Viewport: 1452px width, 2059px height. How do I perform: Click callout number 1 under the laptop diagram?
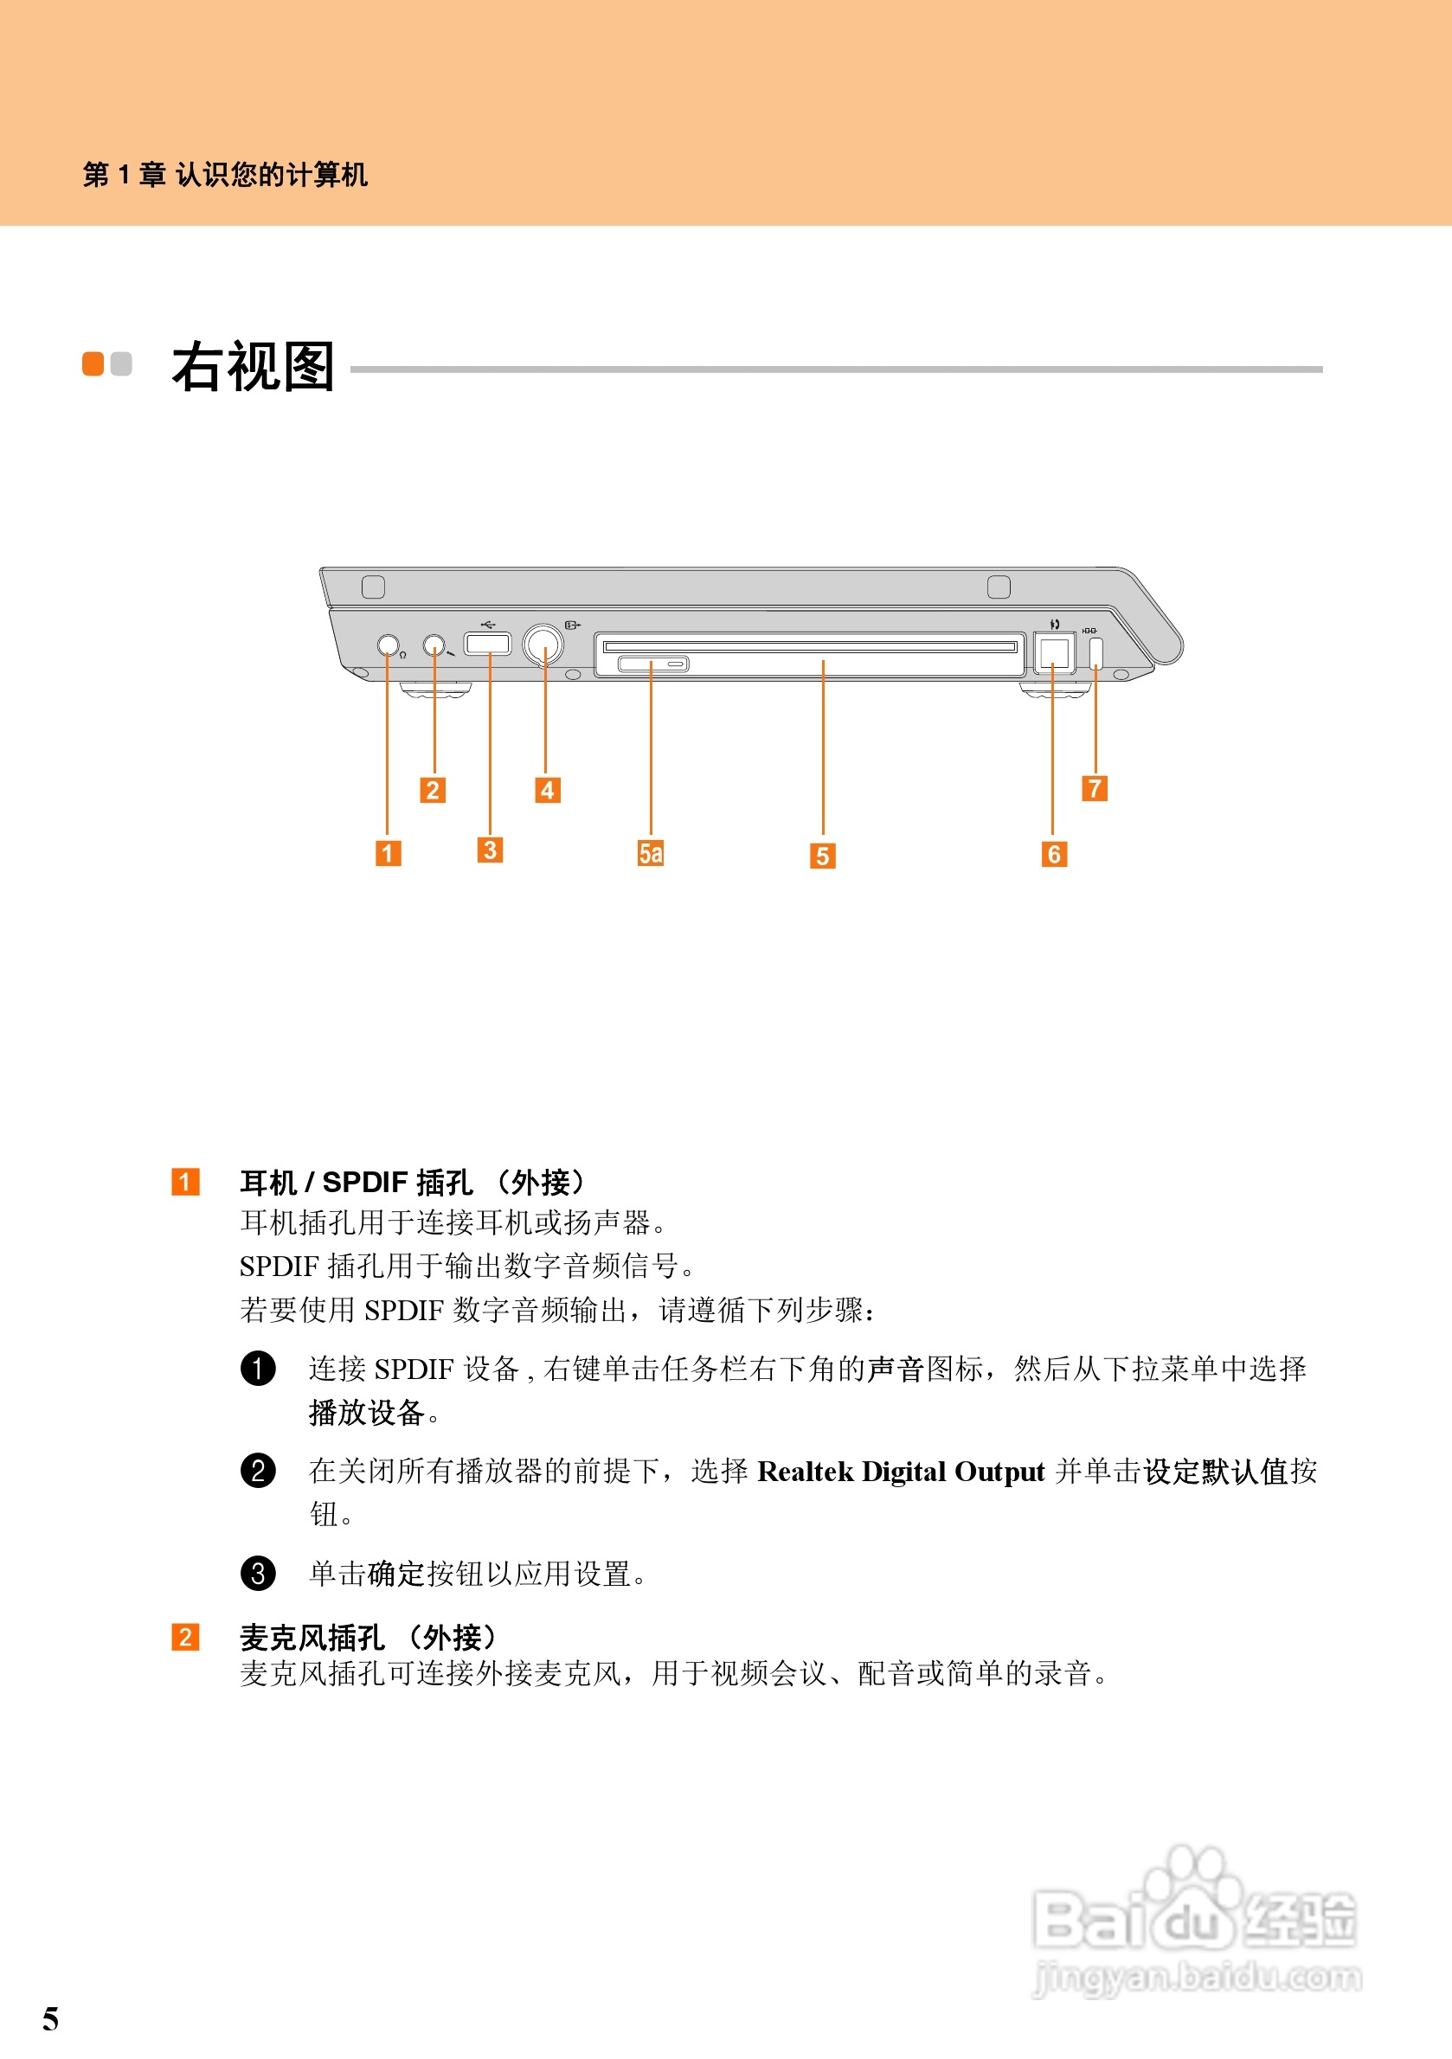(x=388, y=852)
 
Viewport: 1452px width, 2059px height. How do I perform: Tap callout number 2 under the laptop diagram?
(x=433, y=790)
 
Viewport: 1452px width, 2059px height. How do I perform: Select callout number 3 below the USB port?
(x=490, y=850)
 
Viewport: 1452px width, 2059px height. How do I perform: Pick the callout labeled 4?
(x=547, y=790)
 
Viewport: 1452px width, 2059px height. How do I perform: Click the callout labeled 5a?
(x=650, y=853)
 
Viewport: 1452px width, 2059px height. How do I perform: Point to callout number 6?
(x=1054, y=854)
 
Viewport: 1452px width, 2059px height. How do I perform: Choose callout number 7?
(x=1094, y=788)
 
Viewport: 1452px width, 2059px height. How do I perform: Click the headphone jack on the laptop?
(x=388, y=645)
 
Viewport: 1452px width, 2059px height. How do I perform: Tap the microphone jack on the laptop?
(x=434, y=645)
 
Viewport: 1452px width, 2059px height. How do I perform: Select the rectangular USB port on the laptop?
(x=487, y=643)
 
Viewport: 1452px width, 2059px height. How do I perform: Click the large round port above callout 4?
(x=543, y=643)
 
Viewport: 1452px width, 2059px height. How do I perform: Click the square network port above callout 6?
(x=1054, y=651)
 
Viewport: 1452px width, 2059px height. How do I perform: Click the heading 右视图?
(x=253, y=367)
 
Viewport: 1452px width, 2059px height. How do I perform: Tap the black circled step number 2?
(x=258, y=1470)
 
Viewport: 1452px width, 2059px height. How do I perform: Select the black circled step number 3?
(x=258, y=1572)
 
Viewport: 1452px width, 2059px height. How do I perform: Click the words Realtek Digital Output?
(x=901, y=1472)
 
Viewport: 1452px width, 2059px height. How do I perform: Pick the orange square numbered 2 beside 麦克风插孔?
(x=185, y=1637)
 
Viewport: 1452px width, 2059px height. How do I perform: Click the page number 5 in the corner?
(x=50, y=2018)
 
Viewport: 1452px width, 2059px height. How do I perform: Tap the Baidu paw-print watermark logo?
(x=1192, y=1919)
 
